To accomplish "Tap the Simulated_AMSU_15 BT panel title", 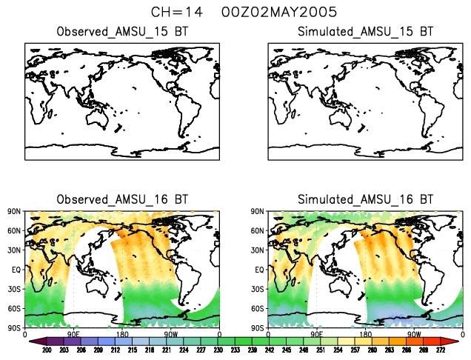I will [x=365, y=32].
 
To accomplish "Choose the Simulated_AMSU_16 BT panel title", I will [x=365, y=200].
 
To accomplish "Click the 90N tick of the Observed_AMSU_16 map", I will [x=15, y=211].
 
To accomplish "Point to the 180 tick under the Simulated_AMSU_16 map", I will [x=365, y=334].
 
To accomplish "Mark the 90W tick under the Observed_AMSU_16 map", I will [x=171, y=334].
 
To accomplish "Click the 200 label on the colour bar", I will [x=46, y=350].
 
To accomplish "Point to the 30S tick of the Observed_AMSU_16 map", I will [x=15, y=289].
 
